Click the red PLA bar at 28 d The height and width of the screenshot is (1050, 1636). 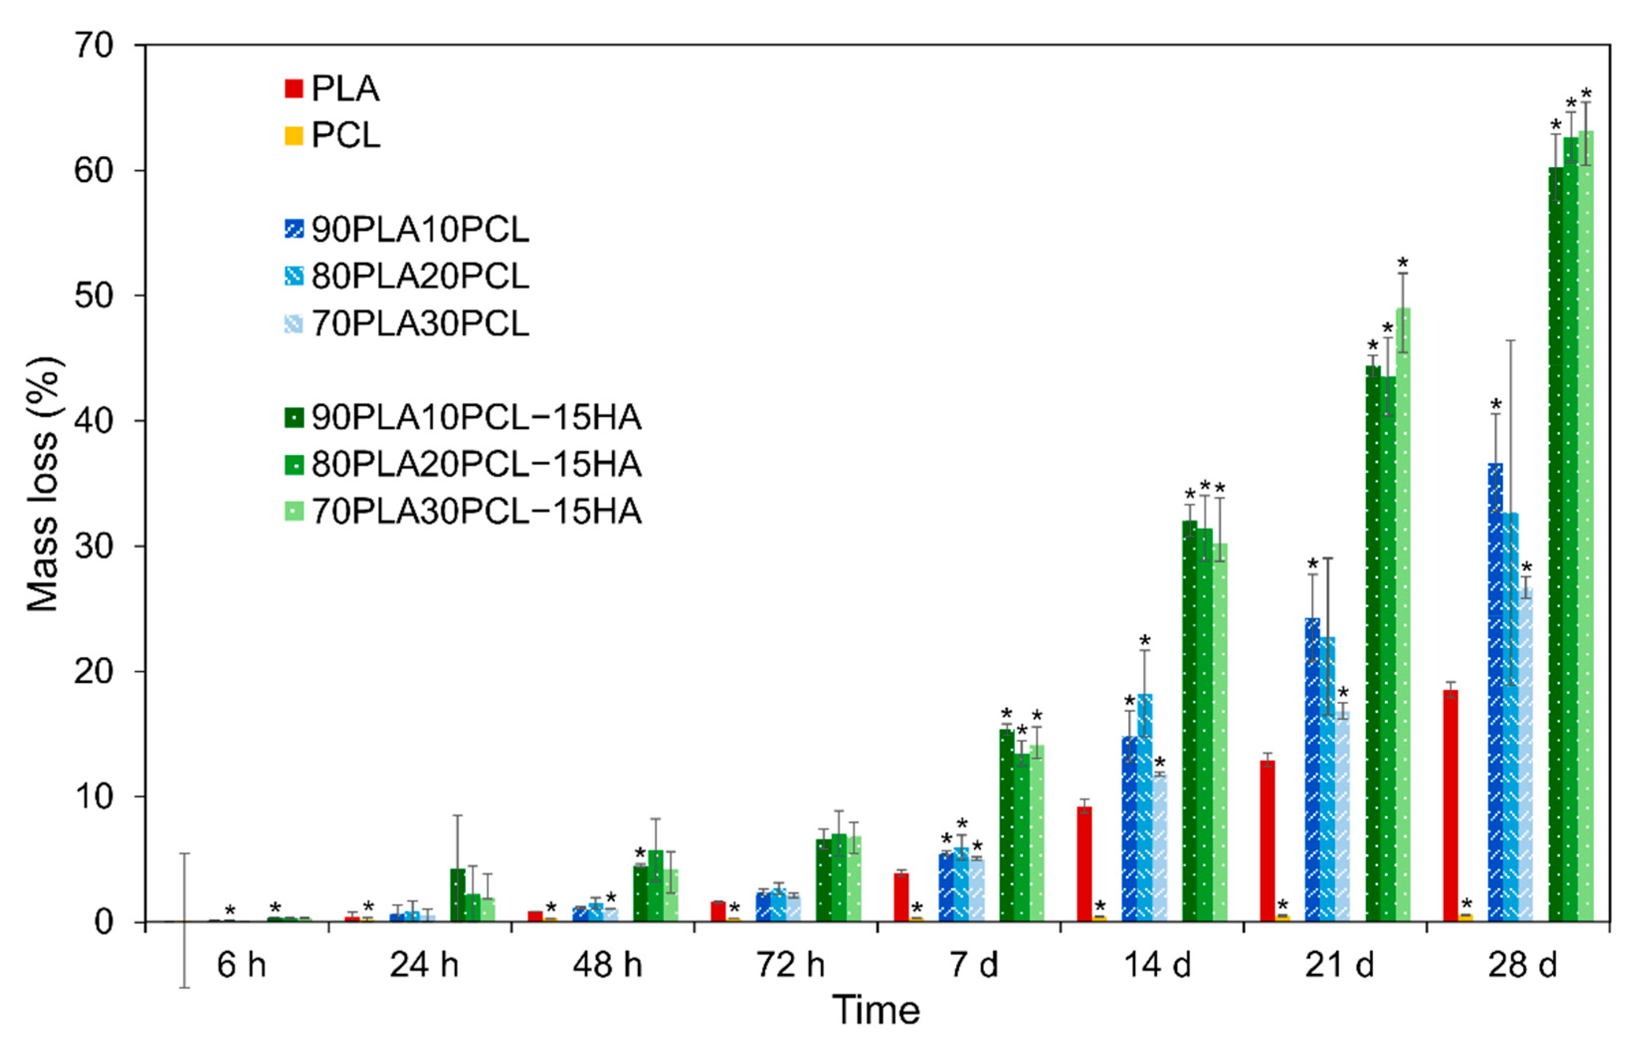click(x=1450, y=805)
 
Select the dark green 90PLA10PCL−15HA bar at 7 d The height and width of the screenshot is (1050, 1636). click(x=1006, y=825)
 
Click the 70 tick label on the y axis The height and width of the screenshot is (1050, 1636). click(x=93, y=46)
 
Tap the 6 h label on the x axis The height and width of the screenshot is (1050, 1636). click(x=241, y=965)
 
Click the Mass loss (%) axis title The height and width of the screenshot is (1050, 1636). click(x=44, y=484)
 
